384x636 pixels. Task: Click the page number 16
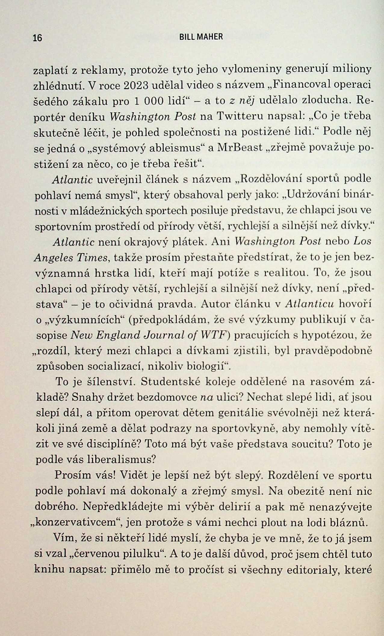pyautogui.click(x=38, y=38)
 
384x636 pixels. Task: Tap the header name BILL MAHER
pyautogui.click(x=201, y=37)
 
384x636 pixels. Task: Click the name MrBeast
pyautogui.click(x=240, y=148)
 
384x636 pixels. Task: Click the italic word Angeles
pyautogui.click(x=53, y=258)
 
